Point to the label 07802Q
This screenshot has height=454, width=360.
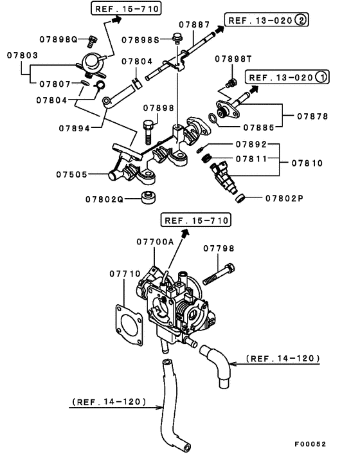point(104,199)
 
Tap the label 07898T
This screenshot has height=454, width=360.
point(232,58)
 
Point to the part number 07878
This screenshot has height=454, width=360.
point(313,116)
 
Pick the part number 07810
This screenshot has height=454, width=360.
point(313,163)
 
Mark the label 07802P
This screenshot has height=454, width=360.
point(283,198)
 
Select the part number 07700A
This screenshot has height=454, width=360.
point(154,241)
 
